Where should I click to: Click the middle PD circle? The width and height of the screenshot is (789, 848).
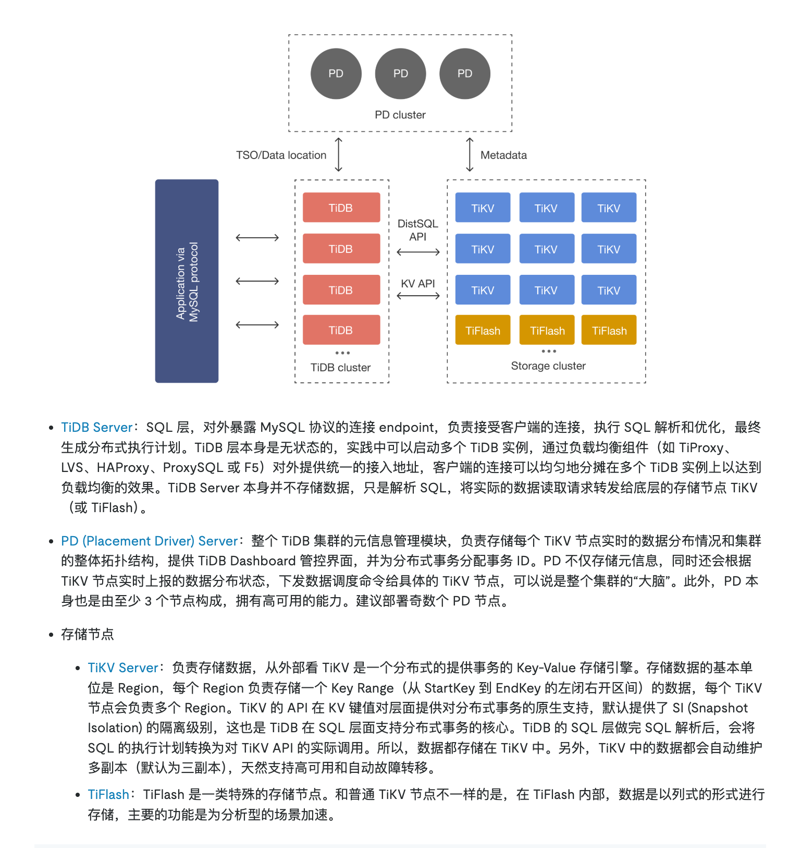pyautogui.click(x=400, y=74)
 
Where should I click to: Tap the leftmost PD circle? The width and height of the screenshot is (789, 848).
pyautogui.click(x=336, y=74)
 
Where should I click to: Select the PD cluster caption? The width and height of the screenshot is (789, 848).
pyautogui.click(x=400, y=115)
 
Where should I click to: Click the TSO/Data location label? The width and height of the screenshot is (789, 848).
pyautogui.click(x=281, y=155)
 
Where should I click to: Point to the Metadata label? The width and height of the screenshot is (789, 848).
pyautogui.click(x=503, y=155)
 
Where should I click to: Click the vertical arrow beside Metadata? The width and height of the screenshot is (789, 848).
pyautogui.click(x=470, y=155)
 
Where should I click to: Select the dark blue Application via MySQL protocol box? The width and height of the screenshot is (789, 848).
pyautogui.click(x=187, y=281)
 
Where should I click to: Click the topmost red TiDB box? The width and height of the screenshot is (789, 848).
pyautogui.click(x=341, y=208)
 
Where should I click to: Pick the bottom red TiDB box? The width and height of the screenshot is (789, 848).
pyautogui.click(x=341, y=330)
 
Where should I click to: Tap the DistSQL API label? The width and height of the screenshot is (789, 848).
pyautogui.click(x=418, y=230)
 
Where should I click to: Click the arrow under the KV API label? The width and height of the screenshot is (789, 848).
pyautogui.click(x=418, y=296)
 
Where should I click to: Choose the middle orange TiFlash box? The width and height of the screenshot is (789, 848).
pyautogui.click(x=547, y=330)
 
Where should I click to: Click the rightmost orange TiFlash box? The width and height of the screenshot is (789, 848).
pyautogui.click(x=609, y=330)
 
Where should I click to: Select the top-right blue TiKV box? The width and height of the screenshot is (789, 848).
pyautogui.click(x=609, y=208)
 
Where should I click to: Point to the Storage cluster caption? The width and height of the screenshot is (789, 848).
pyautogui.click(x=548, y=366)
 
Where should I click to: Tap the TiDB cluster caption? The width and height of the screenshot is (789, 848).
pyautogui.click(x=341, y=368)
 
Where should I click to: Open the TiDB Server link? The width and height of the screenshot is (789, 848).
pyautogui.click(x=97, y=428)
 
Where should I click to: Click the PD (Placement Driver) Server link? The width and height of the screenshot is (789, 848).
pyautogui.click(x=149, y=541)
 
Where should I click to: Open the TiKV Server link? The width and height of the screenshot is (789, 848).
pyautogui.click(x=123, y=668)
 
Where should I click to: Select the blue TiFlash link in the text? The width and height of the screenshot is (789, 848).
pyautogui.click(x=108, y=795)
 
